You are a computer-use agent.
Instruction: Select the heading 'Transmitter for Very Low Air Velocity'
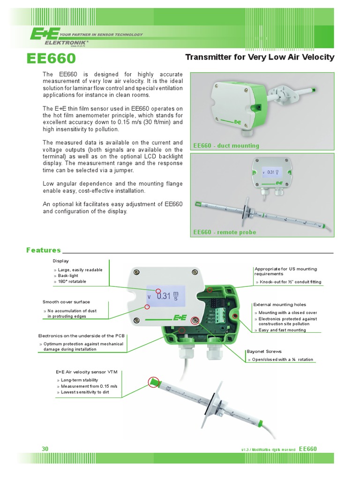(x=260, y=57)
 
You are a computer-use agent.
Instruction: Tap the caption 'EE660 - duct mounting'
(x=226, y=146)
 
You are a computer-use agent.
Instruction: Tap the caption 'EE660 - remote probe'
(x=225, y=232)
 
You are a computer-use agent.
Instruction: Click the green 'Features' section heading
(x=44, y=250)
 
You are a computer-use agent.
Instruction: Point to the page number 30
(x=45, y=449)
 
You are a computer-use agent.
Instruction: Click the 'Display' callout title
(x=60, y=261)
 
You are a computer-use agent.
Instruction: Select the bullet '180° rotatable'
(x=72, y=281)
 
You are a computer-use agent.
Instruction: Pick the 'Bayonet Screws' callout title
(x=264, y=351)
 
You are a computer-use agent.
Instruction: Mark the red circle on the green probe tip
(x=153, y=382)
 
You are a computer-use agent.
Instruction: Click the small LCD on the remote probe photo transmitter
(x=270, y=172)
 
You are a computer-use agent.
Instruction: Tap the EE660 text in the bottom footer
(x=307, y=449)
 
